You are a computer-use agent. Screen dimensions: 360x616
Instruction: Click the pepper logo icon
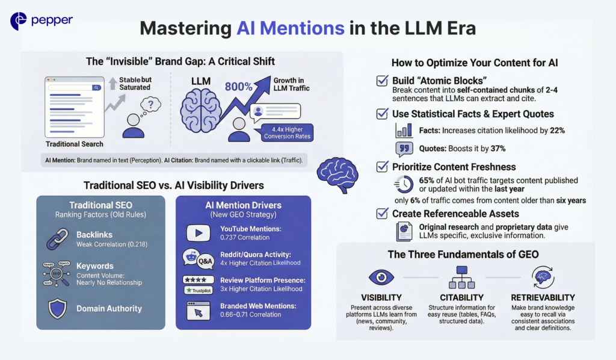click(19, 21)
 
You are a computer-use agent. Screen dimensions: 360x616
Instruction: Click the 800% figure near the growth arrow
click(239, 86)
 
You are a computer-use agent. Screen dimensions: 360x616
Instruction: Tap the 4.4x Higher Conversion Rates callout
click(283, 132)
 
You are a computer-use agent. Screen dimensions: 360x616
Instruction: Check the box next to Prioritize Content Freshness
click(381, 167)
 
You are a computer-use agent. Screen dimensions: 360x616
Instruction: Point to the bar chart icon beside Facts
click(404, 129)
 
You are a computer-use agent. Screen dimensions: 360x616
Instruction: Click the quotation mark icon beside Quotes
click(404, 149)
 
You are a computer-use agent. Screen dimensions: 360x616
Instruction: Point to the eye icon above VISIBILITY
click(381, 277)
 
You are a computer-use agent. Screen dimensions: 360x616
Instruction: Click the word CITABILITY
click(462, 297)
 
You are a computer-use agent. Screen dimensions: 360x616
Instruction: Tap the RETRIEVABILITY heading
click(543, 297)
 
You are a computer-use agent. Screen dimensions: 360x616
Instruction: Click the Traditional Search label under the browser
click(75, 144)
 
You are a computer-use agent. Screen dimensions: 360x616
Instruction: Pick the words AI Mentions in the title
click(291, 28)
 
